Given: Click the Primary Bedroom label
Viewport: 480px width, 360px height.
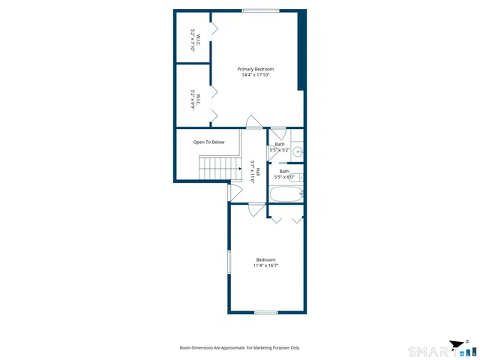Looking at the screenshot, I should pyautogui.click(x=256, y=69).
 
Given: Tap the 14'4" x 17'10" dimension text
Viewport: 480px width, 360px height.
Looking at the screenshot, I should pyautogui.click(x=256, y=75).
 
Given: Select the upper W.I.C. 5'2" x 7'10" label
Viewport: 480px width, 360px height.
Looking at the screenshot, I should pyautogui.click(x=193, y=39).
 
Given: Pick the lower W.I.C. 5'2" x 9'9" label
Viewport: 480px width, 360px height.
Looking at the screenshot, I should pyautogui.click(x=193, y=100).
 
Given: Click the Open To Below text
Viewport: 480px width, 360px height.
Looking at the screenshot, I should pyautogui.click(x=208, y=142).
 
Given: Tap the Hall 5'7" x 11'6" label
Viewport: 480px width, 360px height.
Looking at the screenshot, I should pyautogui.click(x=255, y=172).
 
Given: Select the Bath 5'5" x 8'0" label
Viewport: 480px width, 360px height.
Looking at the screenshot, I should pyautogui.click(x=285, y=174).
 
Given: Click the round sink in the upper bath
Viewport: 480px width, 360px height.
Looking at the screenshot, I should pyautogui.click(x=298, y=151).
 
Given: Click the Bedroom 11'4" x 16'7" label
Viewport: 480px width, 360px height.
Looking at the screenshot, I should pyautogui.click(x=266, y=262).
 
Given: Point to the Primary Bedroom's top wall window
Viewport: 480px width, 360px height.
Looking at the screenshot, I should pyautogui.click(x=260, y=10).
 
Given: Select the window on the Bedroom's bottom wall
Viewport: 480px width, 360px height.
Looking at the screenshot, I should pyautogui.click(x=265, y=312).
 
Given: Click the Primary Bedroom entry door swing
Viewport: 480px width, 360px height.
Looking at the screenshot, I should pyautogui.click(x=255, y=121).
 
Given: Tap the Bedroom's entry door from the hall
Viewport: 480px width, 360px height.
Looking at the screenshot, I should pyautogui.click(x=257, y=210).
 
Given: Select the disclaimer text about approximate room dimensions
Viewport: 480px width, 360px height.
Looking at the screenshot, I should pyautogui.click(x=240, y=348).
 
